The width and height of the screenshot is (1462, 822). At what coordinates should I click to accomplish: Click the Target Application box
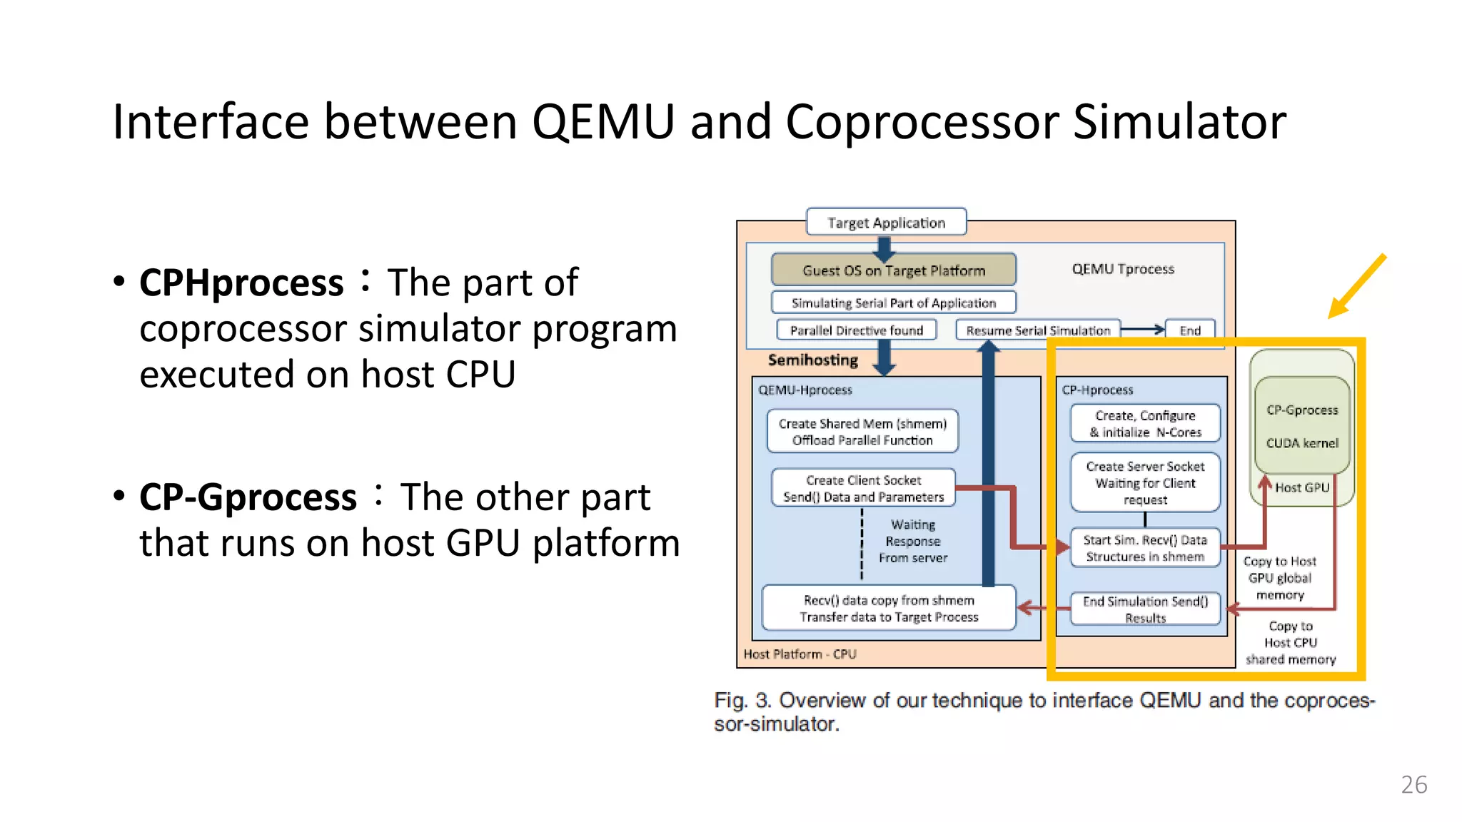[x=886, y=223]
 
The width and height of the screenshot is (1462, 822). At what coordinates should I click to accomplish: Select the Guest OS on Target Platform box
[x=893, y=270]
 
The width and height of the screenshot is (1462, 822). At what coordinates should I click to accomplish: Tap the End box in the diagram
[x=1189, y=330]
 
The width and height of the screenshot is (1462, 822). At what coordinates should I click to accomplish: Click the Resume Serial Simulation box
[x=1038, y=330]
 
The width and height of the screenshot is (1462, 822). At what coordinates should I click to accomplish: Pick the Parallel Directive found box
[x=856, y=330]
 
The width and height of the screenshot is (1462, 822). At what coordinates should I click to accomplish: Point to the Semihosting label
[x=812, y=360]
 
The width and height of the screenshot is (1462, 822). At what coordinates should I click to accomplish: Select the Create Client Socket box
[x=863, y=489]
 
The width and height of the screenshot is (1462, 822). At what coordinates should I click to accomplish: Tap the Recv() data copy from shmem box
[x=889, y=609]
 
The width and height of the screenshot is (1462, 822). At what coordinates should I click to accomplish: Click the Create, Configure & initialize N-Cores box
[x=1145, y=424]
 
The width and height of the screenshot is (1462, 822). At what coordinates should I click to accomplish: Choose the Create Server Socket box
[x=1145, y=483]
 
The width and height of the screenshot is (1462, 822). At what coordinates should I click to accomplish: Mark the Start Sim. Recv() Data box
[x=1145, y=548]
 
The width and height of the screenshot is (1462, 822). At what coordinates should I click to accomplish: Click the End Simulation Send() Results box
[x=1145, y=609]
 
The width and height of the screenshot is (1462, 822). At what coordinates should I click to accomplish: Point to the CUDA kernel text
[x=1302, y=443]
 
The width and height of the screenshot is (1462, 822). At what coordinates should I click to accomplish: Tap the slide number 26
[x=1413, y=785]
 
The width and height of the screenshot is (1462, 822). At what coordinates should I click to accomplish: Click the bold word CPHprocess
[x=241, y=283]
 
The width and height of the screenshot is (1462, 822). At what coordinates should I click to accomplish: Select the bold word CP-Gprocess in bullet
[x=248, y=497]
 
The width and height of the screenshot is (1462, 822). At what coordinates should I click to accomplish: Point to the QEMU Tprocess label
[x=1123, y=269]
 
